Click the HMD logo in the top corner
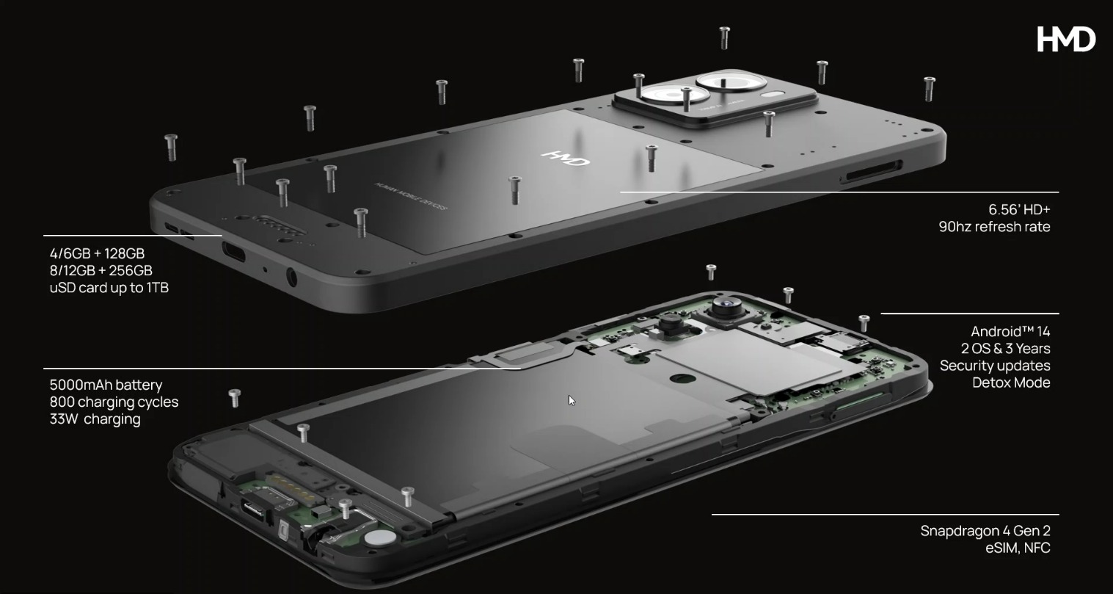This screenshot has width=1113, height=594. [x=1065, y=39]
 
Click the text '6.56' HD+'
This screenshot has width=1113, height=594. [x=1019, y=210]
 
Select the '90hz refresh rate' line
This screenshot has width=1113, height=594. [x=994, y=227]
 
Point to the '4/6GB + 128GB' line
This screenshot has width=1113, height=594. [x=97, y=254]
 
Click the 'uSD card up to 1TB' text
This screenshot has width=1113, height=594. [x=109, y=288]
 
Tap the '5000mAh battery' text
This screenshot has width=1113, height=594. [x=106, y=385]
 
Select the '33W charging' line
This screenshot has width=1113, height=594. [x=95, y=419]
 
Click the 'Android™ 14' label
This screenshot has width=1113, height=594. [x=1010, y=332]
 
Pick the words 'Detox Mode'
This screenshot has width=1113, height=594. [x=1011, y=383]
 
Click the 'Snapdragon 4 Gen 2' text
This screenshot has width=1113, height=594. [x=985, y=531]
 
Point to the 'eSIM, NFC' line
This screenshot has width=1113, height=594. [x=1018, y=548]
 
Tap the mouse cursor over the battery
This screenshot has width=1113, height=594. [x=572, y=400]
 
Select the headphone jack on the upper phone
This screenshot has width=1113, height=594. [x=291, y=278]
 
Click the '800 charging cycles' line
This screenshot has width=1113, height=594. [x=114, y=402]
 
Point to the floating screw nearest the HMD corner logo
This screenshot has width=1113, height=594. [x=929, y=87]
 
